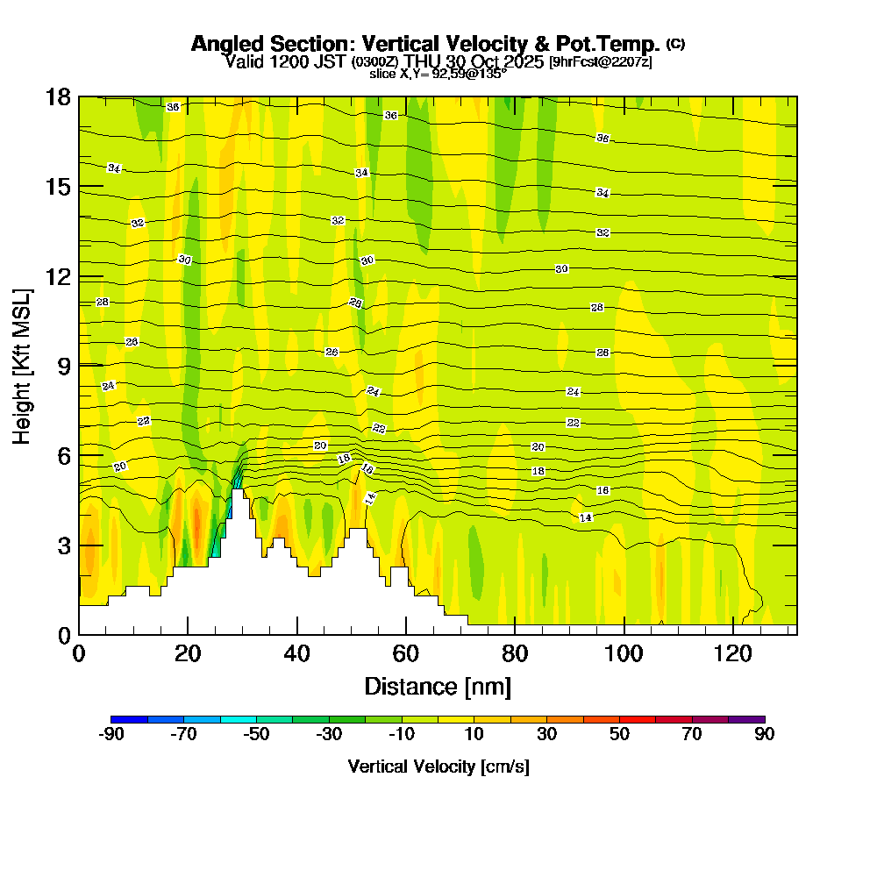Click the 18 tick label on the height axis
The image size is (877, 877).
coord(58,96)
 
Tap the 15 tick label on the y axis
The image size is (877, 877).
coord(58,187)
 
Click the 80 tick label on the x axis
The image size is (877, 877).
coord(515,654)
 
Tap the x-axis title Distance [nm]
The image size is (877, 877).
coord(438,686)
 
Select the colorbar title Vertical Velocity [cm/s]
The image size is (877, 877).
coord(438,766)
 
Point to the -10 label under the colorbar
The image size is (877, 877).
coord(402,734)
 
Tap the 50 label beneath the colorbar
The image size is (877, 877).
coord(620,734)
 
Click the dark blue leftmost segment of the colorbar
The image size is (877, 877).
coord(130,719)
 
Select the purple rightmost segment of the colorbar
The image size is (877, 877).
coord(746,719)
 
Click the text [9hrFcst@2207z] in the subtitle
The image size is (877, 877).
coord(600,62)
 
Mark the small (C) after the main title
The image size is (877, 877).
coord(675,43)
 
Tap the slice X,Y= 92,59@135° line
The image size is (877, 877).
coord(438,75)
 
